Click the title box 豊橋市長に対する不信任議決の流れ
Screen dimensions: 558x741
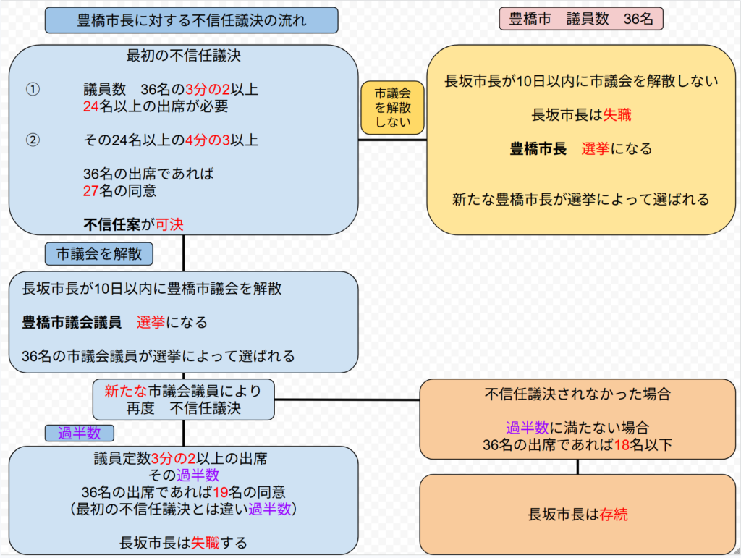click(x=191, y=20)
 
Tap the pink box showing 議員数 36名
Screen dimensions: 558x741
click(x=581, y=20)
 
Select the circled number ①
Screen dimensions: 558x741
click(x=33, y=90)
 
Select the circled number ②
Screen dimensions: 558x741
click(x=33, y=140)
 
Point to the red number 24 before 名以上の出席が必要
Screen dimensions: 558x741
click(x=91, y=107)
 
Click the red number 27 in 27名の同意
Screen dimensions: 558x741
click(x=91, y=191)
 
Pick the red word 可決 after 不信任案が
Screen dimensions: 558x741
click(x=170, y=225)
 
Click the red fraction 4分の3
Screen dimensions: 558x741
click(x=206, y=140)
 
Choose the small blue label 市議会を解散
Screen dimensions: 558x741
click(x=98, y=253)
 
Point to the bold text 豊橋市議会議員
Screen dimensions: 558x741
click(x=72, y=322)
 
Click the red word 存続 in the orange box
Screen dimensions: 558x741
click(x=614, y=515)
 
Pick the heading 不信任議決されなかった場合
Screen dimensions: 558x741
click(x=577, y=395)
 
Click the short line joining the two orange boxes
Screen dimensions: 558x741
click(x=577, y=467)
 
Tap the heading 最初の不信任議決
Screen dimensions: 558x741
click(x=183, y=56)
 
